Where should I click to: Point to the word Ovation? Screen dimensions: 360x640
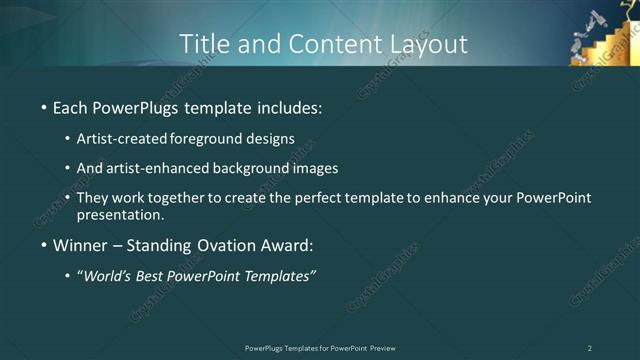coord(229,245)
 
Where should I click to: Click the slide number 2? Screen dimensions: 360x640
coord(590,348)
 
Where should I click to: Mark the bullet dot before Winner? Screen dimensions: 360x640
coord(44,246)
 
